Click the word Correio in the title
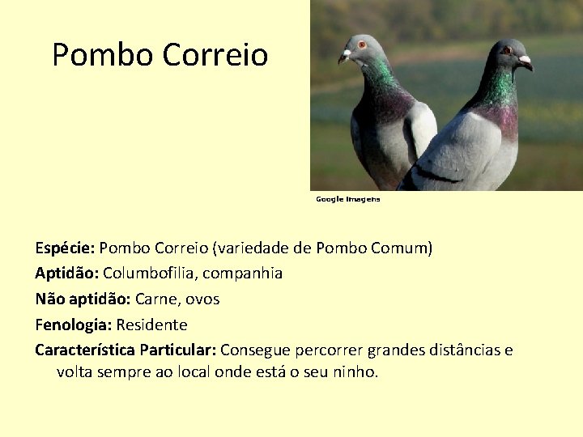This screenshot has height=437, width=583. click(x=215, y=55)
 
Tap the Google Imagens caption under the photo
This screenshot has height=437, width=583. click(x=347, y=199)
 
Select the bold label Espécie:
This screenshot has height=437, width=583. click(x=65, y=248)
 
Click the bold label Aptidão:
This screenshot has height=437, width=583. click(x=66, y=274)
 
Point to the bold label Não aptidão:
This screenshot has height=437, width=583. click(x=83, y=299)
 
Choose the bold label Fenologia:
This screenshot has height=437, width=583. click(x=74, y=325)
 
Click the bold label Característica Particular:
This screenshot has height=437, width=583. click(x=125, y=350)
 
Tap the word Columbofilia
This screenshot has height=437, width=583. click(x=148, y=274)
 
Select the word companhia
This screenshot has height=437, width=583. click(x=243, y=274)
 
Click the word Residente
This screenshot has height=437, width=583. click(x=151, y=325)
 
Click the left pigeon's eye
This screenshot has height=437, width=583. click(x=362, y=45)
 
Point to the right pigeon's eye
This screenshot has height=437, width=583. click(x=507, y=50)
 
